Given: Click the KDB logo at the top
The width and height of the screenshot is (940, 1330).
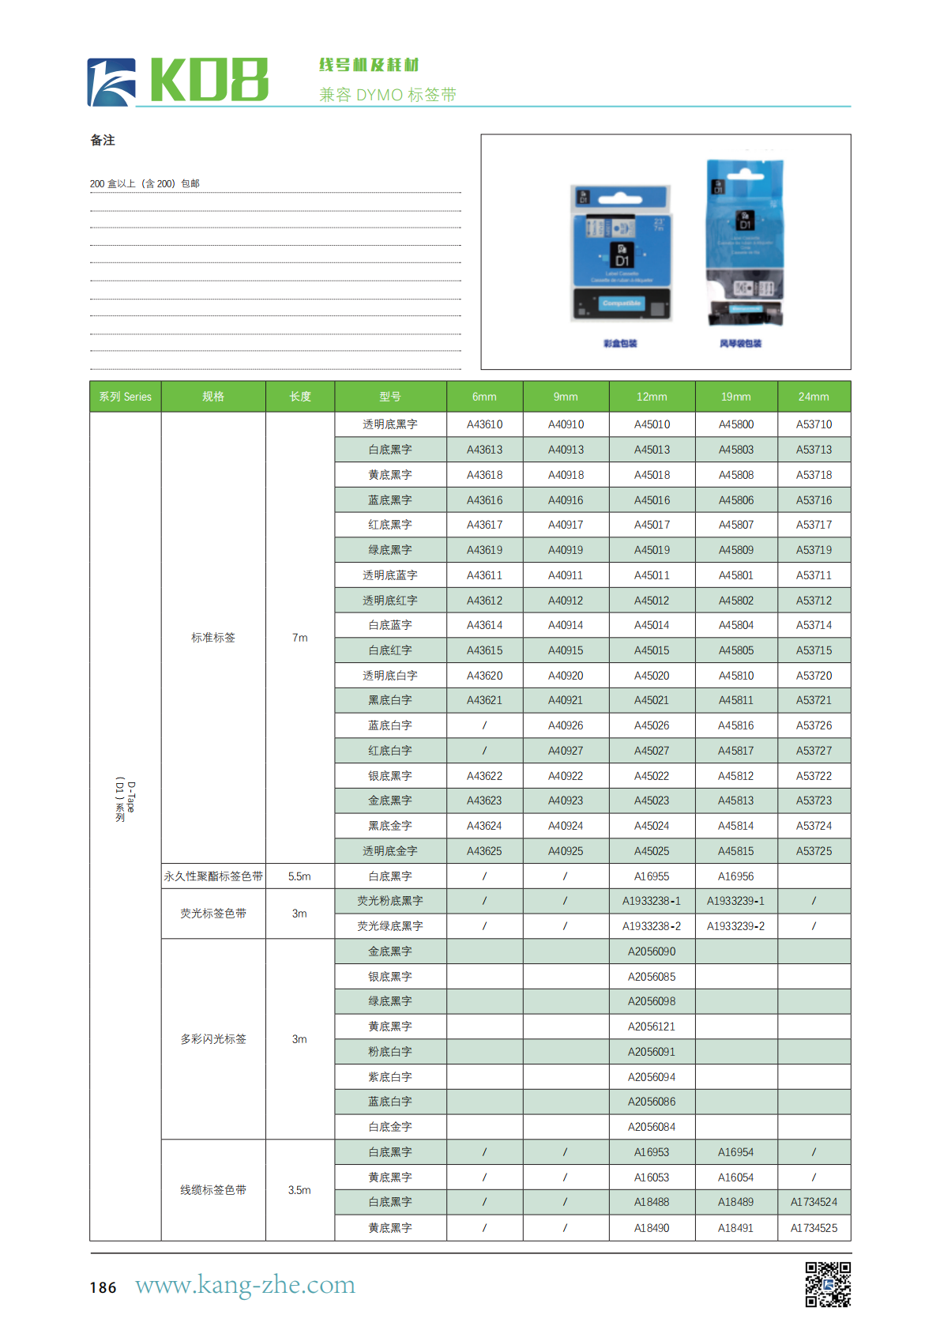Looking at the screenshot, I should (x=178, y=81).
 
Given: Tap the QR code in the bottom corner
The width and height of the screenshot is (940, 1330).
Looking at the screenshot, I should (x=827, y=1283).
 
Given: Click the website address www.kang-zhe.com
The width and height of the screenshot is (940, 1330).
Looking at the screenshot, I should (x=245, y=1284).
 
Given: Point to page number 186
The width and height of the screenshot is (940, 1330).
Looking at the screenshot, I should (x=103, y=1287).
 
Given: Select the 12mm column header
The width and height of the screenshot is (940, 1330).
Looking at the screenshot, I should (x=652, y=397).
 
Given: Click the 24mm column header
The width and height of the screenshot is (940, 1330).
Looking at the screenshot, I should (x=814, y=397).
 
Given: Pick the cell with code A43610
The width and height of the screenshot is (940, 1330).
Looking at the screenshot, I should (x=484, y=424).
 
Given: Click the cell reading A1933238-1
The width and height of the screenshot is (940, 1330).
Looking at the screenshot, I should (x=652, y=901).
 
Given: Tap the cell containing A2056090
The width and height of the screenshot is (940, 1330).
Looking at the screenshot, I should (x=652, y=951).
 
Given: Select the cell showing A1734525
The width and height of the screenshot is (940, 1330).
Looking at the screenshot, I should (x=814, y=1228).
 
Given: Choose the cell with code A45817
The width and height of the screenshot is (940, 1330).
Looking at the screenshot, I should (x=735, y=751).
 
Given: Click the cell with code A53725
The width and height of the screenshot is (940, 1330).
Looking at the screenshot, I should (x=814, y=851).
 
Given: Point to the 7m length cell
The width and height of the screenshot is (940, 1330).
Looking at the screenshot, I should (x=299, y=638).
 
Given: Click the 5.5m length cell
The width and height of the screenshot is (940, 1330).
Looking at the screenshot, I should (x=299, y=876).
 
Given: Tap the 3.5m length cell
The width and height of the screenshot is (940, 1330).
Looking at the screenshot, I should (x=299, y=1190).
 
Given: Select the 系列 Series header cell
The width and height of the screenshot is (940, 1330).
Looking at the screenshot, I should (x=125, y=397).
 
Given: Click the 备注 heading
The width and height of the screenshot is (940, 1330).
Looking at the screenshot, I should (x=103, y=141).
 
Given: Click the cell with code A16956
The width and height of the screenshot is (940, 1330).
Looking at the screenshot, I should (x=735, y=876).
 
